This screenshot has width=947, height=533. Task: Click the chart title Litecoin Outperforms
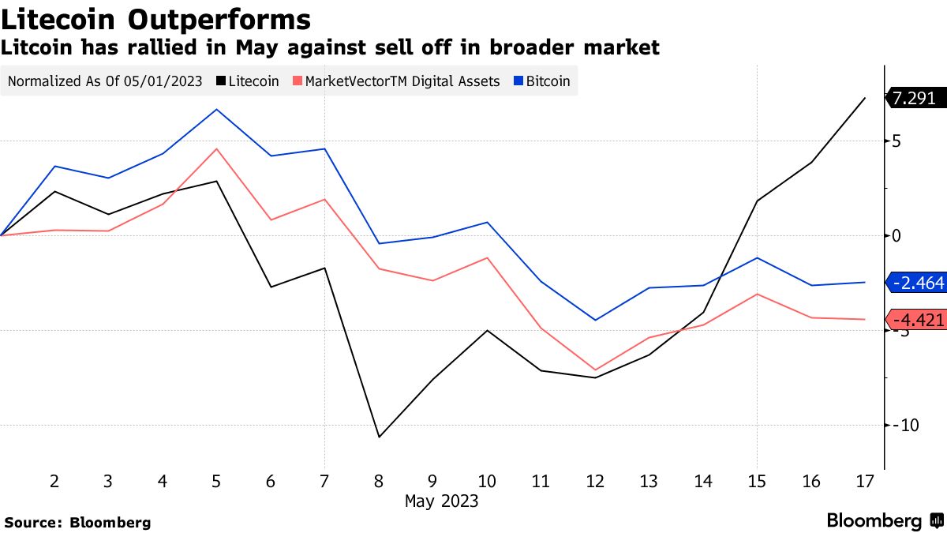(x=155, y=19)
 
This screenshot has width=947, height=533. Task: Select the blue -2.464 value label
(x=917, y=283)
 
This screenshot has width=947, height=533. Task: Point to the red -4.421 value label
(x=917, y=320)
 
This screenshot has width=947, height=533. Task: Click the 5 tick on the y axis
(x=897, y=141)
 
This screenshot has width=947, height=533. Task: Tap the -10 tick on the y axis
(x=904, y=425)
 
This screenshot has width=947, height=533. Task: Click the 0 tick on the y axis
(x=897, y=236)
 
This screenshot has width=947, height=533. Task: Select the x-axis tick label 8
(x=379, y=481)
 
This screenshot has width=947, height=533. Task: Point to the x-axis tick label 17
(x=865, y=481)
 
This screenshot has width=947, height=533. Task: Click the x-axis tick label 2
(x=54, y=481)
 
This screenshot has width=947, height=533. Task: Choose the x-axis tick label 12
(x=594, y=481)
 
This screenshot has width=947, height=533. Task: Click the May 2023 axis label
(x=441, y=501)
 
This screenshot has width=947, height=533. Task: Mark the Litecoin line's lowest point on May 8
(x=379, y=437)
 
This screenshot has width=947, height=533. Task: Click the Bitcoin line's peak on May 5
(x=216, y=109)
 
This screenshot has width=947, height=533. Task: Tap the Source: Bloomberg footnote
(x=77, y=522)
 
